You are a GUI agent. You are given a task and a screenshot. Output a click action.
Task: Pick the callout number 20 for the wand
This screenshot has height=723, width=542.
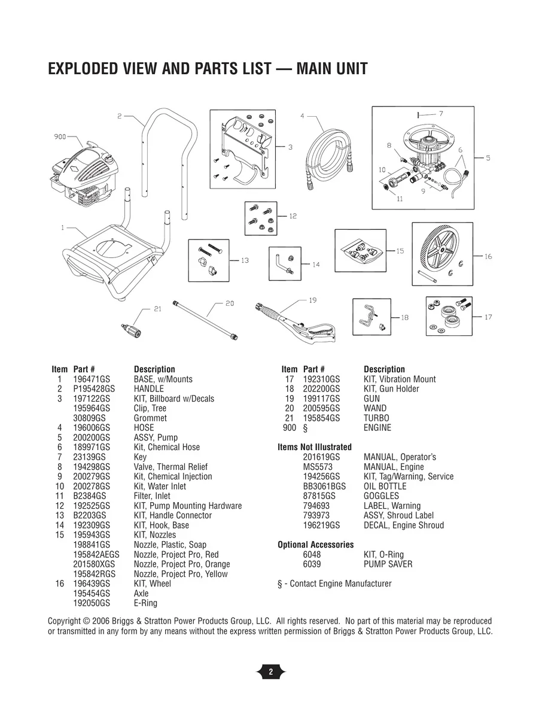(x=229, y=303)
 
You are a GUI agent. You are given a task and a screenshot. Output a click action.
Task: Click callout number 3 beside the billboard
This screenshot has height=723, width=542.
(x=290, y=147)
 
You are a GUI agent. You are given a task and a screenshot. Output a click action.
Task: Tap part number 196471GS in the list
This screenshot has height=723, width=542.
(x=92, y=379)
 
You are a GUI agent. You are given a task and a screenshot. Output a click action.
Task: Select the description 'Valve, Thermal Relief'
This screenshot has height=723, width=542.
(x=170, y=467)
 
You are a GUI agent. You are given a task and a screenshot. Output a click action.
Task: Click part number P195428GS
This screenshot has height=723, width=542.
(x=93, y=389)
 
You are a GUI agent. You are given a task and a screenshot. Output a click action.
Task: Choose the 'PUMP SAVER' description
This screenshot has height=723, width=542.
(x=388, y=564)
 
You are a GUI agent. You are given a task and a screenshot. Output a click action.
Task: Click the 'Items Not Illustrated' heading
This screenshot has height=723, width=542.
(x=315, y=447)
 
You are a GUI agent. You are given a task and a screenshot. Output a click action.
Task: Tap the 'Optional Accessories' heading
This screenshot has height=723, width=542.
(x=315, y=545)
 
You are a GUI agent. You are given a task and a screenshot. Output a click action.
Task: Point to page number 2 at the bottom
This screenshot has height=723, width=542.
(x=270, y=672)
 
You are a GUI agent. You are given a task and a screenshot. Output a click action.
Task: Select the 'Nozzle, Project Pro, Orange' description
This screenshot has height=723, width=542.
(x=181, y=564)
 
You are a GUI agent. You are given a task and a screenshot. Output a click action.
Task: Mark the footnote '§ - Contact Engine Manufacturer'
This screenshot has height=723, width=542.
(x=334, y=584)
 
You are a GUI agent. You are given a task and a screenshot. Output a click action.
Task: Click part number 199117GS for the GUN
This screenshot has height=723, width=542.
(x=321, y=399)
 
